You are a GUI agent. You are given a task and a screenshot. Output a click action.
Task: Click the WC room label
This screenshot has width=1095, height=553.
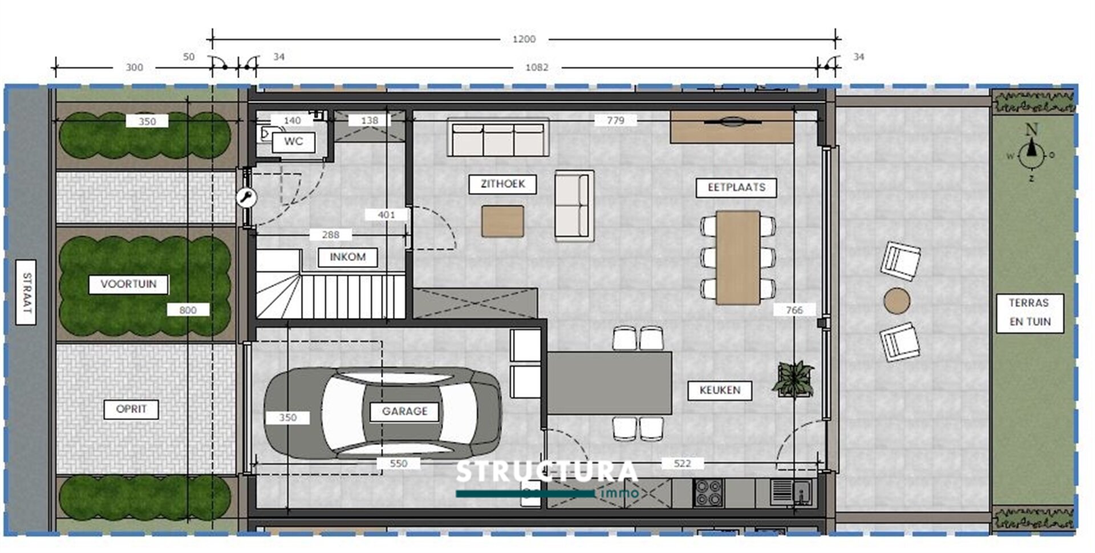coord(293,142)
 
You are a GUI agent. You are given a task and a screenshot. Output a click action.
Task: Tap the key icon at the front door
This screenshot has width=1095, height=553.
coord(246,198)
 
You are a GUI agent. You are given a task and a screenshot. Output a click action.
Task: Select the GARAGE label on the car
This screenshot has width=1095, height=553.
coord(404,411)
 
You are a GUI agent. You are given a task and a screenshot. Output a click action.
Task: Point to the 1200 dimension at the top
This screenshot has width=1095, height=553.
coord(524,39)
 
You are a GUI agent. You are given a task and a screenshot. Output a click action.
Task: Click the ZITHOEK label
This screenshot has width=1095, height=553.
coord(502,184)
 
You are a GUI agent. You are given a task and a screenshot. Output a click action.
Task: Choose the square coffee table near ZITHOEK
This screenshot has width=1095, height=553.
coord(502,221)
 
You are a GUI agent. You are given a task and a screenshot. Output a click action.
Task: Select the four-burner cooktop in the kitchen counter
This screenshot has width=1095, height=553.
coord(709,493)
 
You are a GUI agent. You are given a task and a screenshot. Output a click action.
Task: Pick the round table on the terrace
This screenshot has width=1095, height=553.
coord(897,300)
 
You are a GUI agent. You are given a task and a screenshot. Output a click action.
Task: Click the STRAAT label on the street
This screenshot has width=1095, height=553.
coord(26,292)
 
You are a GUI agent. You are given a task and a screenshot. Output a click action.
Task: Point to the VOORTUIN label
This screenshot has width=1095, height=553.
coord(128,284)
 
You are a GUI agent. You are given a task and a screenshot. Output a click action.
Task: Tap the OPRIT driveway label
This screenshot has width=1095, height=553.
coord(131,409)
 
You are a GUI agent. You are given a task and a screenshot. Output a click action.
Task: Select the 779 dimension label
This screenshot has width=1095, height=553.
coord(615,120)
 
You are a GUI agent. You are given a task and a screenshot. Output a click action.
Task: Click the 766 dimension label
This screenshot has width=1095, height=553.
coord(794,310)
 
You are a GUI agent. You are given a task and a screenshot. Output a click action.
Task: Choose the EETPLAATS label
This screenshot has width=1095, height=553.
coord(736,188)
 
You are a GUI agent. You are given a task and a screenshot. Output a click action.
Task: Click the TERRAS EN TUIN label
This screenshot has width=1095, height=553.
coord(1029,312)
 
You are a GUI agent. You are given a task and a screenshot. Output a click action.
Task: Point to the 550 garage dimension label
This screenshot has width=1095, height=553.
coord(398,463)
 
